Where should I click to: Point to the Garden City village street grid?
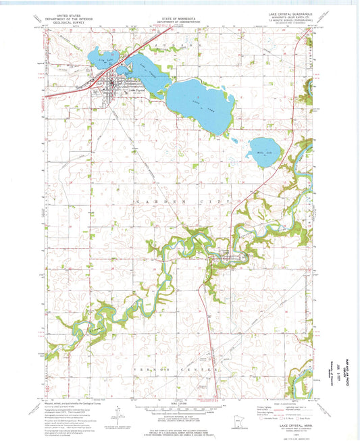coord(228,255)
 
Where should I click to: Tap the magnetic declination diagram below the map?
coord(118,412)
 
